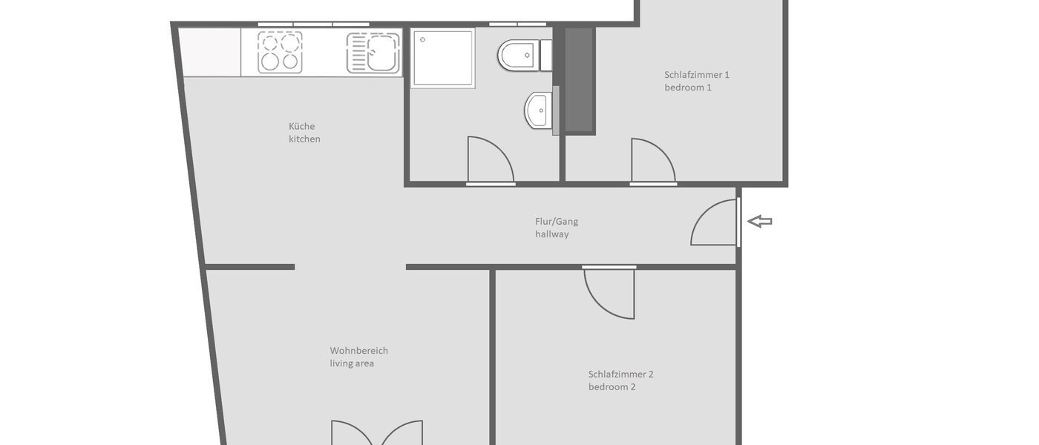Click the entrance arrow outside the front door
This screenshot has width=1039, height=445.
760,221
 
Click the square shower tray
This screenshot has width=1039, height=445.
443,58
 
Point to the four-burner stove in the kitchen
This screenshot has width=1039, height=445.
281,53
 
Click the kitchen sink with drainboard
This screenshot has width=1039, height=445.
373,53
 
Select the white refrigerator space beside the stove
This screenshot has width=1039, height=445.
210,52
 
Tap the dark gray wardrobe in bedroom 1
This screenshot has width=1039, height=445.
580,80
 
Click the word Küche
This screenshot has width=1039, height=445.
302,126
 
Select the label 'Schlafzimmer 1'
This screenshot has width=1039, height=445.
697,74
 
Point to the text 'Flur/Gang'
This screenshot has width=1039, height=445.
557,221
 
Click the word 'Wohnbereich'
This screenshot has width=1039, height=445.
359,351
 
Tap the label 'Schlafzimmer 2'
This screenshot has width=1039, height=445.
621,374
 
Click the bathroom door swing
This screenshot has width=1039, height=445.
490,160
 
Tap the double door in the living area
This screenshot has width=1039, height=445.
377,434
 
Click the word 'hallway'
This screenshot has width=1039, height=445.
552,234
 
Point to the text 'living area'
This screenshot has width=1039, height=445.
353,363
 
